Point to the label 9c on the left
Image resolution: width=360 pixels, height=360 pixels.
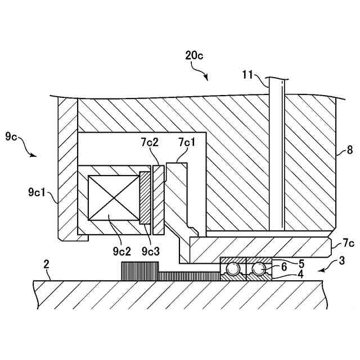click(12, 136)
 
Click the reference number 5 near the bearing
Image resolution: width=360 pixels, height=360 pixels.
click(301, 263)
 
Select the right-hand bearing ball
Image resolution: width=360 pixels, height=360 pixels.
click(259, 269)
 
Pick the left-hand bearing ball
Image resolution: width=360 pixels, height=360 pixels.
click(231, 269)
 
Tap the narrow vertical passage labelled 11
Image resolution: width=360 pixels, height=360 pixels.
click(277, 157)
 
